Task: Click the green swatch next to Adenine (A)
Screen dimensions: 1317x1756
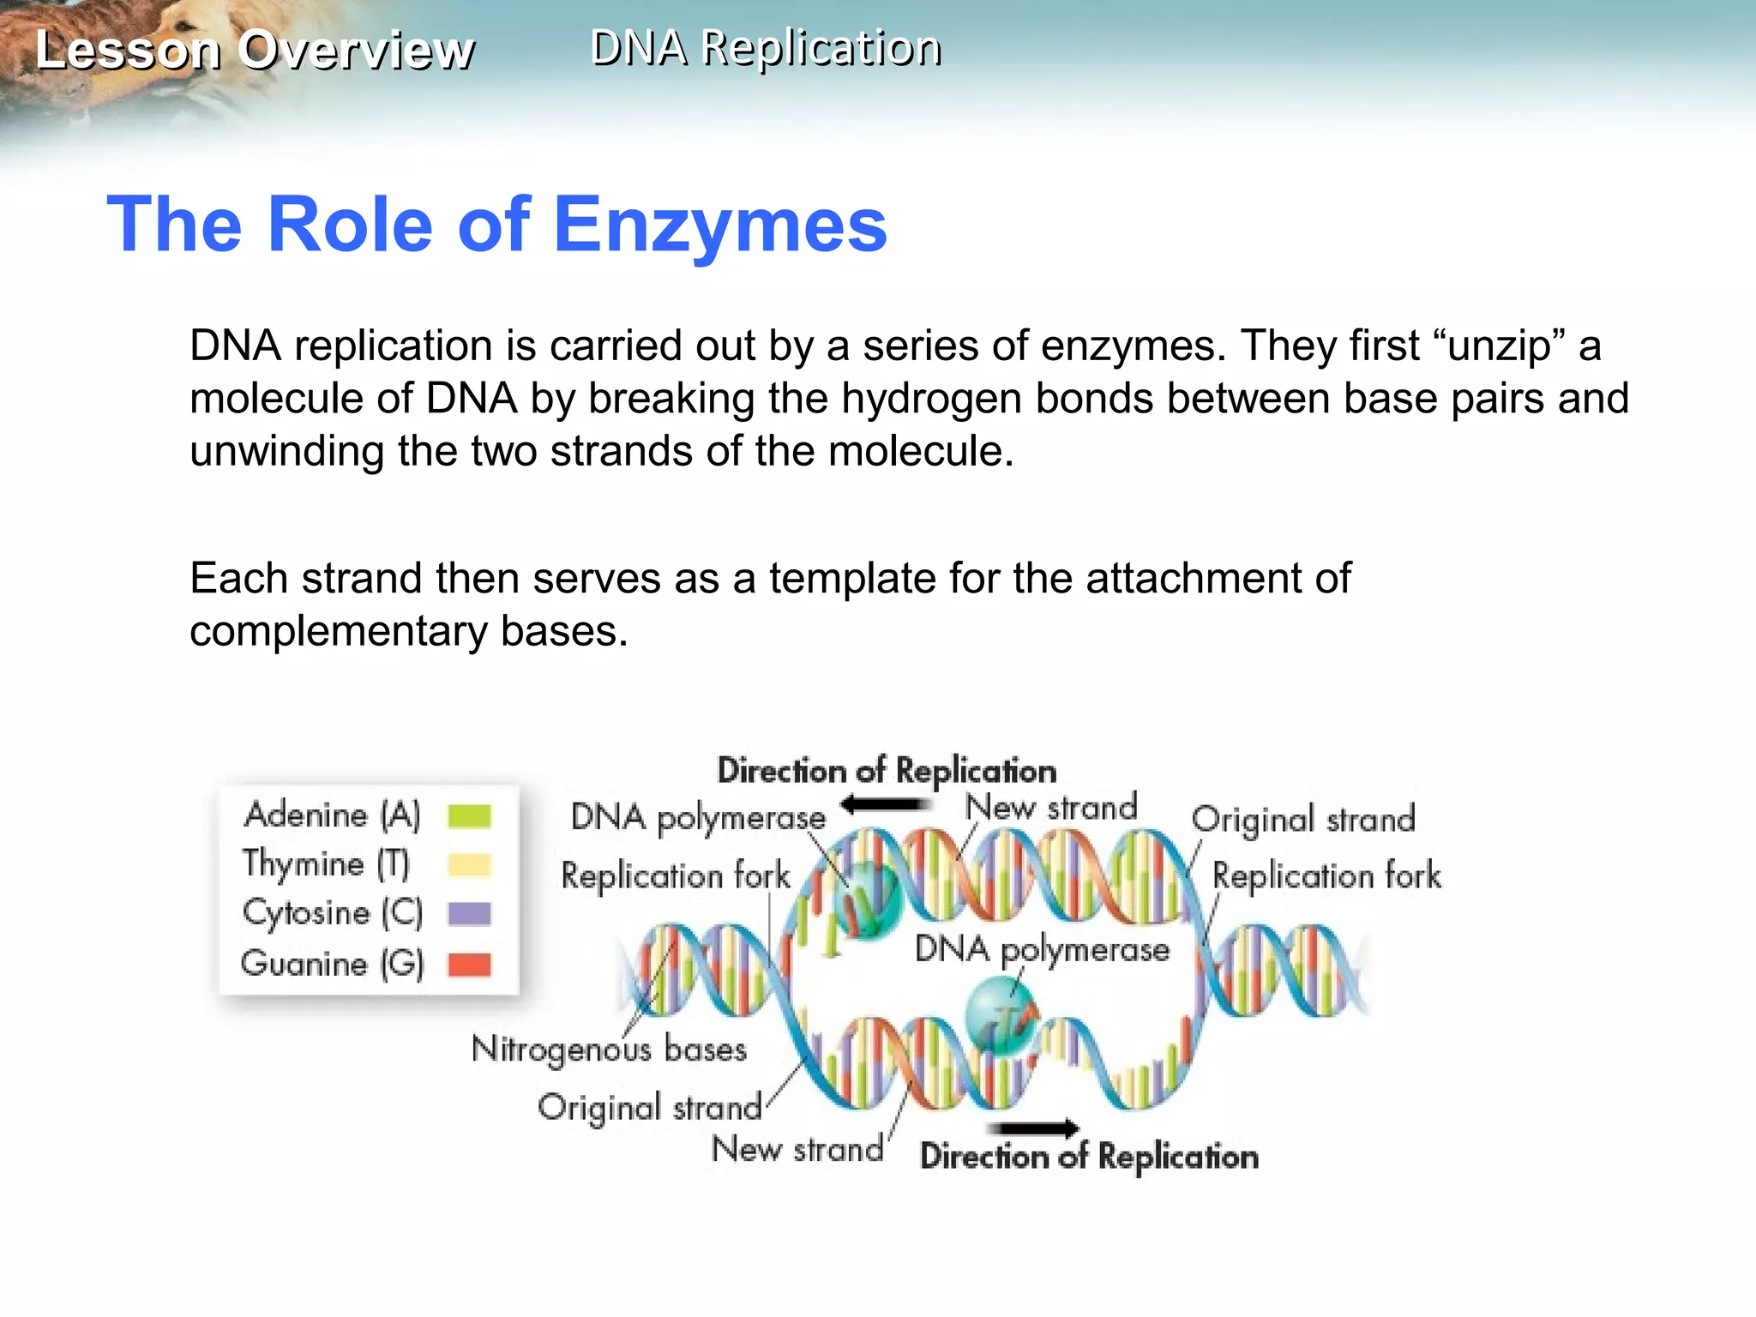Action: [469, 815]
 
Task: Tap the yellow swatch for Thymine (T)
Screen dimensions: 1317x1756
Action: [469, 864]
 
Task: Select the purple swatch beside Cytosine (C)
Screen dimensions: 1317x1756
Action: [469, 914]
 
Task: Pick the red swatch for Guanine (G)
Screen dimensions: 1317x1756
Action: [469, 965]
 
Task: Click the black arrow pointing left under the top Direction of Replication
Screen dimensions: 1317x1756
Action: [885, 804]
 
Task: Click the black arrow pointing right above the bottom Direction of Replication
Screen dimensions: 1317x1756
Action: [1034, 1128]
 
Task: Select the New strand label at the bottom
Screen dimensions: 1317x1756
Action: [797, 1149]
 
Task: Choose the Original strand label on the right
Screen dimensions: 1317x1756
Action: [1303, 820]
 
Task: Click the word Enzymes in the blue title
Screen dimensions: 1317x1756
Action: [720, 225]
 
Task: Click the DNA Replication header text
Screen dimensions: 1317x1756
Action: [766, 48]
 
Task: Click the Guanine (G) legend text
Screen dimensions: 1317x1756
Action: [333, 965]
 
